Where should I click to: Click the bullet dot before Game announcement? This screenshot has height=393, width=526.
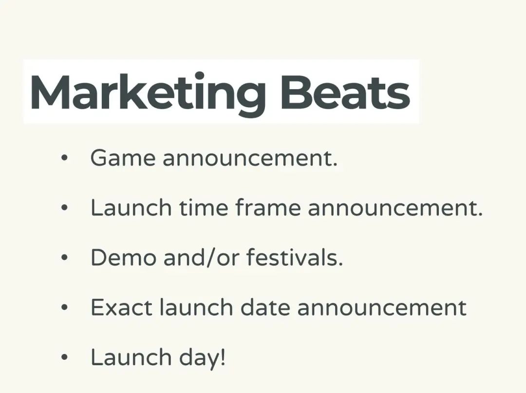(65, 158)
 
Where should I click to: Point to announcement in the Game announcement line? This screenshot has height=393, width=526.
(250, 158)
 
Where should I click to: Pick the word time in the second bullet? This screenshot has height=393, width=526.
(203, 208)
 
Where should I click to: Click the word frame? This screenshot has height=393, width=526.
(268, 208)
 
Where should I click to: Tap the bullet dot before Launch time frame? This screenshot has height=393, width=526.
(65, 208)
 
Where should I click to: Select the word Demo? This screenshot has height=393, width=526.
(123, 257)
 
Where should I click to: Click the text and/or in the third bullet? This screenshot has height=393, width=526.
(202, 257)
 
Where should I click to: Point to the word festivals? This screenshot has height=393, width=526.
(295, 257)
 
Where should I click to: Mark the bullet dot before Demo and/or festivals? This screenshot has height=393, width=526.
(65, 257)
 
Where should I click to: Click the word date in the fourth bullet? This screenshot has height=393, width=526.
(265, 307)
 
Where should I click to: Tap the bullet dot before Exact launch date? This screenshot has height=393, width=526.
(65, 307)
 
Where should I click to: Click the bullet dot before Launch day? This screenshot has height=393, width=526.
(65, 357)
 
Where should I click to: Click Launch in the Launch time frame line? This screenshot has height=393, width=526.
(131, 207)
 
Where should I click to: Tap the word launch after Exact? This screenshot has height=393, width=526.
(196, 307)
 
